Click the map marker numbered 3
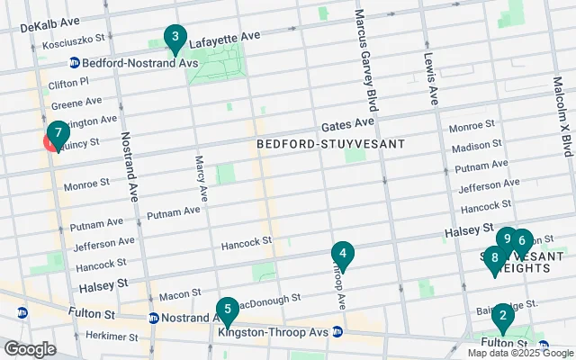point(175,39)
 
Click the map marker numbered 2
point(501,317)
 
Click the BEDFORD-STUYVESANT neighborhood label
point(330,144)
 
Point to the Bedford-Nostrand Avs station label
point(126,63)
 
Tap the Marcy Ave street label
point(202,177)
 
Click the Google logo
point(30,349)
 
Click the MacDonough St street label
point(267,295)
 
